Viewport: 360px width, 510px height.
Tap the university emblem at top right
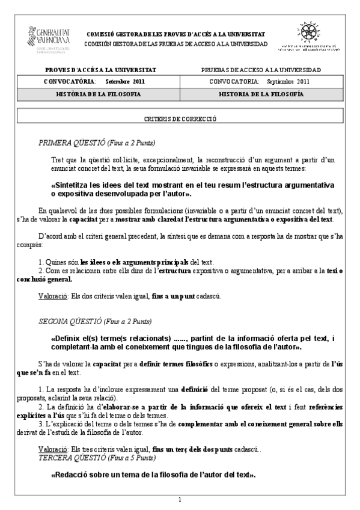[311, 37]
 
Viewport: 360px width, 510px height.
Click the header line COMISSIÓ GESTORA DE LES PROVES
[177, 34]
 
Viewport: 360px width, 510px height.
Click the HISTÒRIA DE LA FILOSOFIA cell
[99, 94]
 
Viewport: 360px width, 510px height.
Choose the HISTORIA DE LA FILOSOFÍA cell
[261, 94]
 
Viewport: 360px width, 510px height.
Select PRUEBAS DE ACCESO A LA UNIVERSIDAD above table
[261, 70]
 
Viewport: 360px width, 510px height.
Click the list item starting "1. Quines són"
[120, 262]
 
